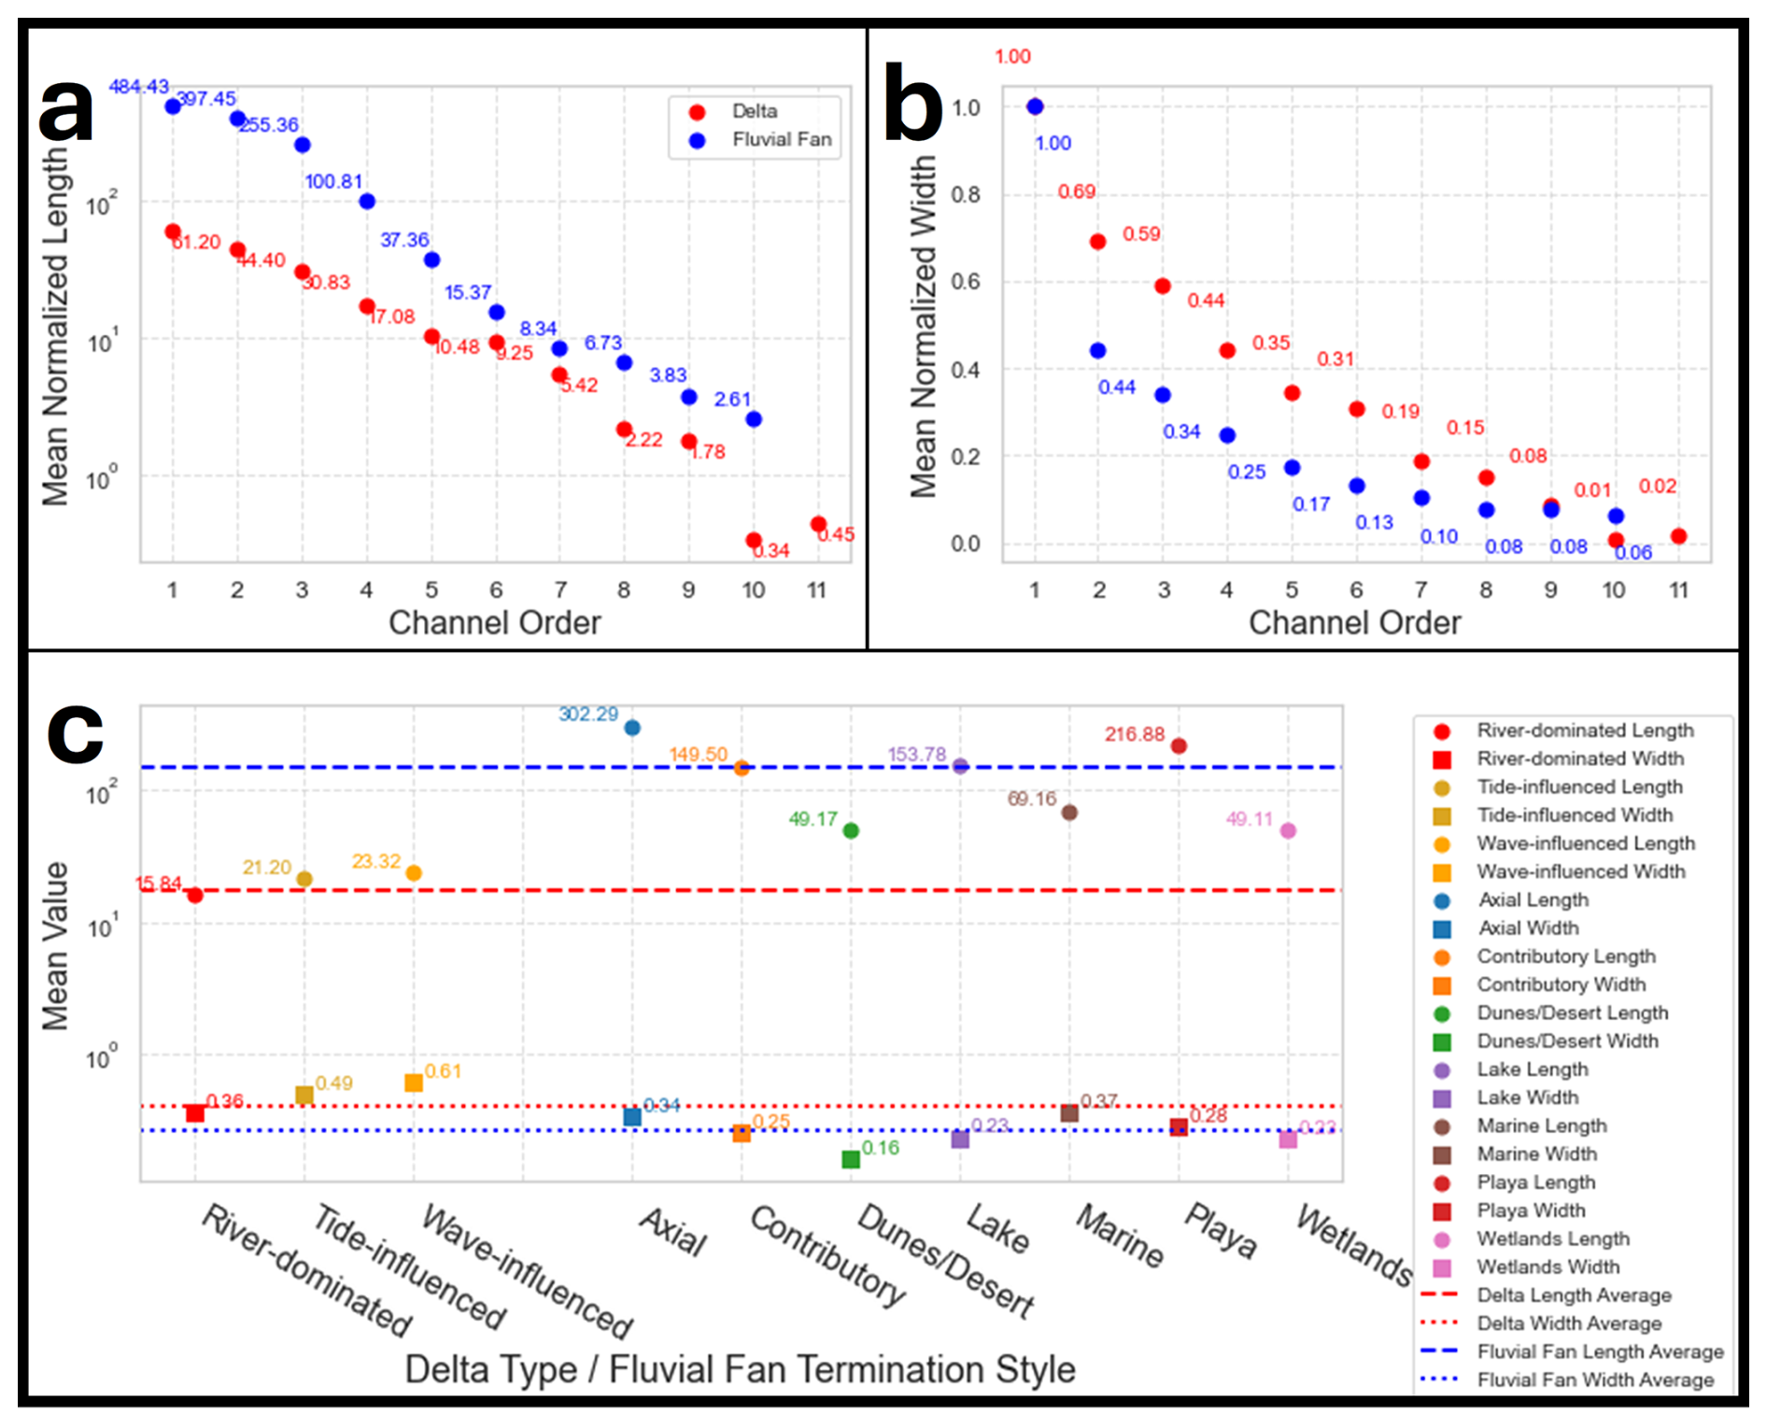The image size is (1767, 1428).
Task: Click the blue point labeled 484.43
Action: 173,106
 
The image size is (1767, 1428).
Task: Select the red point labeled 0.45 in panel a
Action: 818,524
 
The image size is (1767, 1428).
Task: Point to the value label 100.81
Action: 333,181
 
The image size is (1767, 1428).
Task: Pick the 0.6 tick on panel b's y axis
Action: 966,282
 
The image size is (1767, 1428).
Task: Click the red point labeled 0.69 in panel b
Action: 1098,242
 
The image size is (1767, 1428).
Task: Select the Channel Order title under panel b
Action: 1354,623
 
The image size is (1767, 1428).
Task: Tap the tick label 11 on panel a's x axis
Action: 817,590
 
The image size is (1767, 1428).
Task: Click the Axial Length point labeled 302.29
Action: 632,728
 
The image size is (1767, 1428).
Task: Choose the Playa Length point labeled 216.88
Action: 1179,746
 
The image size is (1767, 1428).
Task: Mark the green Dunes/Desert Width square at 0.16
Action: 851,1159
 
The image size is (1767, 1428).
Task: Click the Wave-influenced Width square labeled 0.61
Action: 414,1082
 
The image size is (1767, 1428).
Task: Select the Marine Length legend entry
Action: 1541,1126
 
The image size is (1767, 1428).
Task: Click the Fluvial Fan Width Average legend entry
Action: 1595,1380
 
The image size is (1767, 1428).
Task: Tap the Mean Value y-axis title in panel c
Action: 56,945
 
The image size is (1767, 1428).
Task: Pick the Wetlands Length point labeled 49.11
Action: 1288,831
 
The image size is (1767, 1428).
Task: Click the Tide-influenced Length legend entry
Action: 1578,787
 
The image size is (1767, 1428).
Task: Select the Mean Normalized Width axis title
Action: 924,327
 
